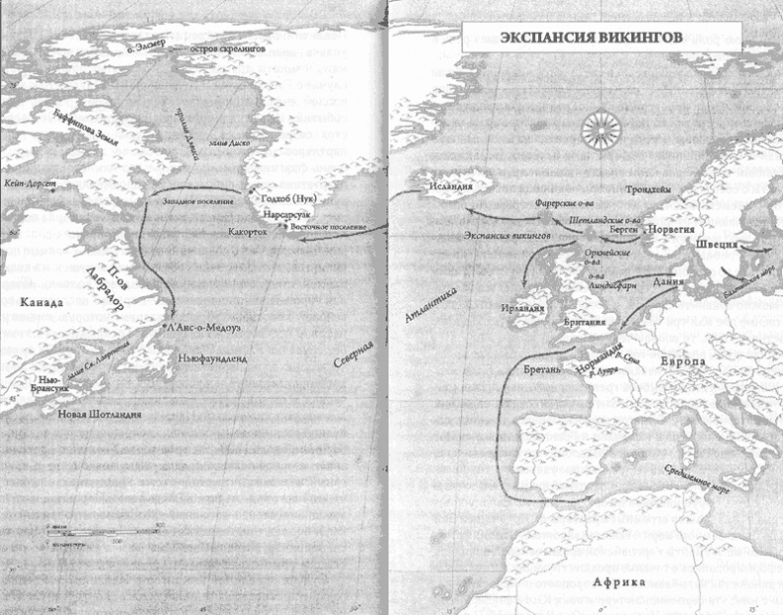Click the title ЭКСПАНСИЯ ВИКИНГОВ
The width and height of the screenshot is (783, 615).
(575, 40)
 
